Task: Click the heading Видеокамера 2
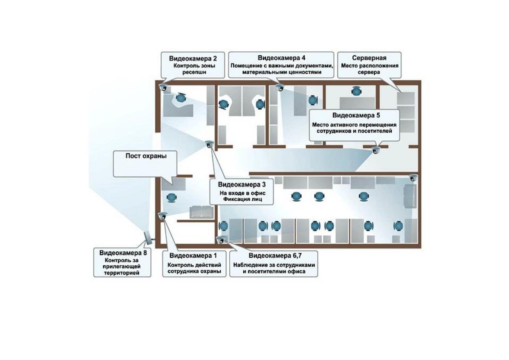coord(193,59)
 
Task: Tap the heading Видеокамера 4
coord(281,58)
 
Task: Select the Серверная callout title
coord(369,58)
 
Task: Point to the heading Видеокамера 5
coord(356,115)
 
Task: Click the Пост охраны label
coord(146,156)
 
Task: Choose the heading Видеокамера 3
coord(242,185)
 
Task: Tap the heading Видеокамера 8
coord(123,253)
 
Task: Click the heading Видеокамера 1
coord(193,255)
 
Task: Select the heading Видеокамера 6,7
coord(275,255)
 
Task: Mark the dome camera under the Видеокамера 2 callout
coord(163,87)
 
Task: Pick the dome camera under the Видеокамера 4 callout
coord(280,87)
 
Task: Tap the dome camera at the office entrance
coord(209,144)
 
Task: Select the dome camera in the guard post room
coord(163,216)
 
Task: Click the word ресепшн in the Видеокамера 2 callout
coord(194,72)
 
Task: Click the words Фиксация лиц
coord(242,199)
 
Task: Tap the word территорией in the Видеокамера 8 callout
coord(122,273)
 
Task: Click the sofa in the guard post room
coord(202,212)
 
